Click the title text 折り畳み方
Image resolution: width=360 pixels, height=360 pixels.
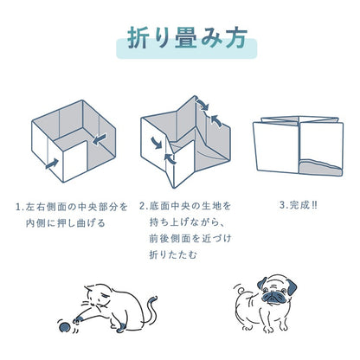(187, 37)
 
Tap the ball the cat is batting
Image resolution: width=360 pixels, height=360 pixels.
(64, 327)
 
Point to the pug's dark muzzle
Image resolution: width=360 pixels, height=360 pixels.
(273, 297)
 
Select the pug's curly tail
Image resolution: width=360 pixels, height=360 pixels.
(240, 289)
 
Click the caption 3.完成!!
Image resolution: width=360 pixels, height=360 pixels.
(299, 205)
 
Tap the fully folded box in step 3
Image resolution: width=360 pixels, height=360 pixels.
(299, 145)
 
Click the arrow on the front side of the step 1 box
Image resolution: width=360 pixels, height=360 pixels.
(52, 164)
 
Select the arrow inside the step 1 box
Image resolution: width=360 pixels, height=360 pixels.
(100, 139)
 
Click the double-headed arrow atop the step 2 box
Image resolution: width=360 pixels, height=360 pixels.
(202, 105)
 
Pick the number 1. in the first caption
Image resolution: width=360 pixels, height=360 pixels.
(20, 207)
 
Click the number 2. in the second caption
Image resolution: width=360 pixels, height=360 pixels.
(144, 206)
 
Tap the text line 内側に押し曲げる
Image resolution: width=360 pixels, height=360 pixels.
(66, 223)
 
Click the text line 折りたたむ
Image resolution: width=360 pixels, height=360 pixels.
(173, 254)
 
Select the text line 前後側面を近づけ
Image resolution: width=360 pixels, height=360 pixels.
(190, 239)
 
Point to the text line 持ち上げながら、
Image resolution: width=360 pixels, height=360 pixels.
(187, 222)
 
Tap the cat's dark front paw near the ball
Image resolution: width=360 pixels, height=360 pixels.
(79, 319)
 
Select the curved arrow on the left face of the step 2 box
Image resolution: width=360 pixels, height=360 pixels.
(157, 143)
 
